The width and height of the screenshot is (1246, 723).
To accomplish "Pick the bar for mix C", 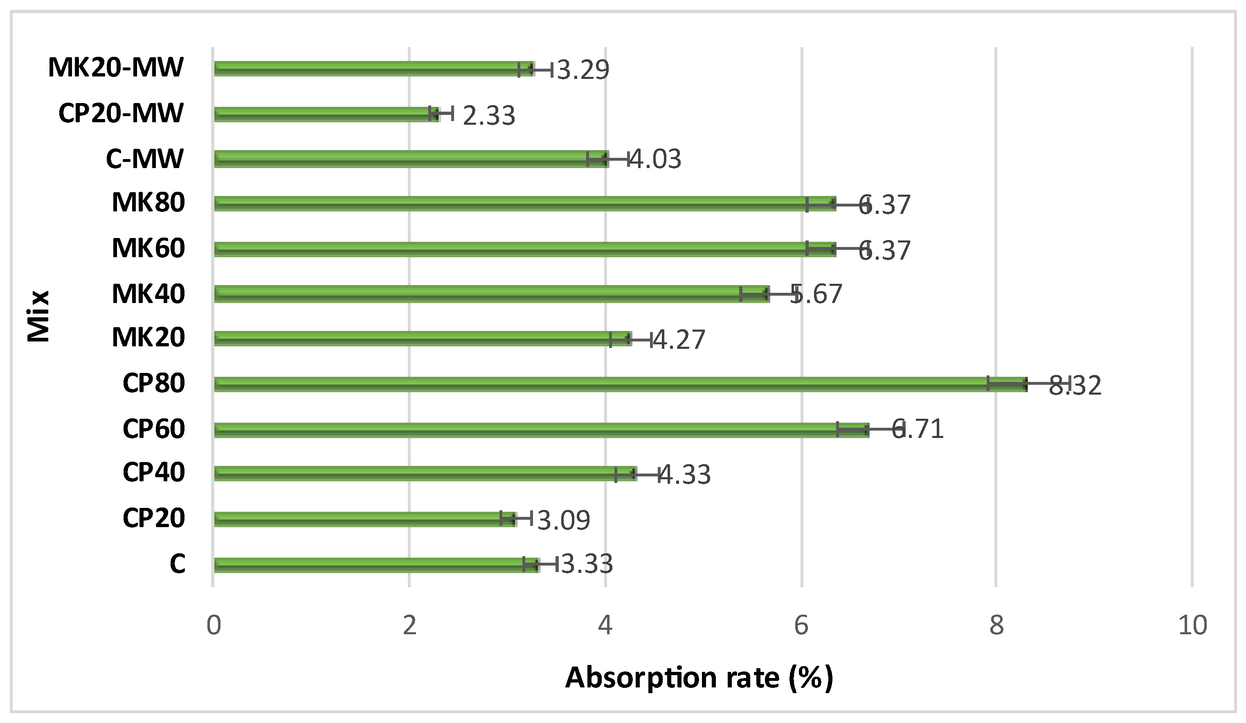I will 376,565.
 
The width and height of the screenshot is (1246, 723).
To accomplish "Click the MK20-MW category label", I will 116,68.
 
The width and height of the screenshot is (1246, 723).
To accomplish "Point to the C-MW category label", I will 144,159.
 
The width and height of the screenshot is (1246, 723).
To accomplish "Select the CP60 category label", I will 154,429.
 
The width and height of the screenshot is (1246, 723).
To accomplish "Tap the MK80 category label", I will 148,202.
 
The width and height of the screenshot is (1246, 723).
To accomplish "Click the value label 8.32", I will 1075,386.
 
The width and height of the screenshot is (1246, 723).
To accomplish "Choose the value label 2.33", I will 488,116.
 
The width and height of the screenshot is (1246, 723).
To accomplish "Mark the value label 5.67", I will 816,294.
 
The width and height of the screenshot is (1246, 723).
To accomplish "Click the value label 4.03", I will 655,159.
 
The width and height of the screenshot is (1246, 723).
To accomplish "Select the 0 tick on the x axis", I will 214,625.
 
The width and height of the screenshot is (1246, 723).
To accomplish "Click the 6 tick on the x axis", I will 801,625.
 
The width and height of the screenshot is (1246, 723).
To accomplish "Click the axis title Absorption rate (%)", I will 699,678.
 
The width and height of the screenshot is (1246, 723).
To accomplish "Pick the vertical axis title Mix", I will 38,316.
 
